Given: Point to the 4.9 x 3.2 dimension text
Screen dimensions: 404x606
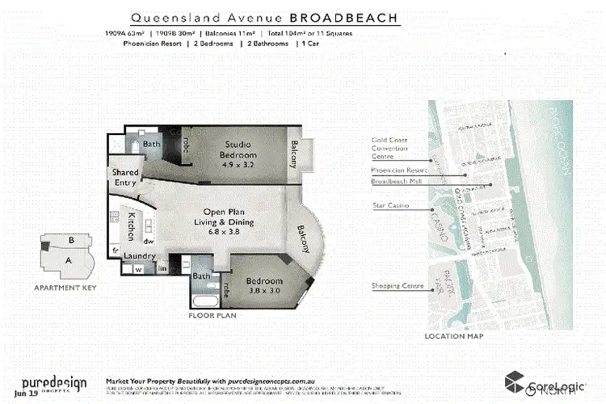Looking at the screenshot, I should [x=238, y=165].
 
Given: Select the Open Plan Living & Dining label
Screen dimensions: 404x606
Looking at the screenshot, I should [x=229, y=217].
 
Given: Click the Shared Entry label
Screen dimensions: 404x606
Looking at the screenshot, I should [x=126, y=178].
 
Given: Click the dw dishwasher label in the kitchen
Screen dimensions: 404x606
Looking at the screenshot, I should [x=149, y=240].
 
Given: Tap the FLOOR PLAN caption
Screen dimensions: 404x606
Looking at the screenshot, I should [x=213, y=316].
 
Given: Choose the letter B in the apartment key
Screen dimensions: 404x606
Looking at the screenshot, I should [x=72, y=240].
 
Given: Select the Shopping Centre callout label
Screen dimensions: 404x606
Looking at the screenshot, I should [x=392, y=285].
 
